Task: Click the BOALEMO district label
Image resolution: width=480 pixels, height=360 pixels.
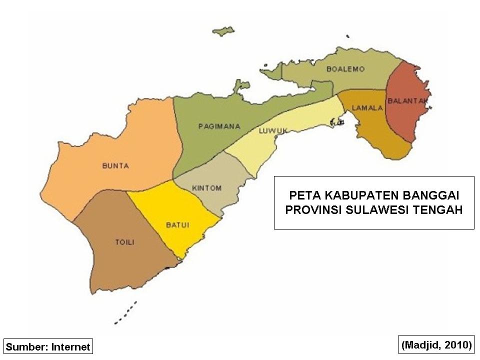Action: point(345,69)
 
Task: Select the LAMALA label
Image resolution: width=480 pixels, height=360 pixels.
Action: point(367,107)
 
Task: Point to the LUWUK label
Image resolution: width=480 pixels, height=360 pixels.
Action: point(273,131)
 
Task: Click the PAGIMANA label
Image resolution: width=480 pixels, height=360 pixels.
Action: point(219,126)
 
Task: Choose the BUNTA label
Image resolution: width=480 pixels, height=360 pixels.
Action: point(115,166)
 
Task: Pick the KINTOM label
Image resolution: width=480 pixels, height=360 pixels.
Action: point(206,188)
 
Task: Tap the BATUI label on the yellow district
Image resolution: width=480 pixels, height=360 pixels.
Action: point(177,225)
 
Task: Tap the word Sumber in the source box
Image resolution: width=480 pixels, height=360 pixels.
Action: point(27,346)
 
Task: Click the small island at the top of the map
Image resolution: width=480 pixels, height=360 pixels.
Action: point(223,31)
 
